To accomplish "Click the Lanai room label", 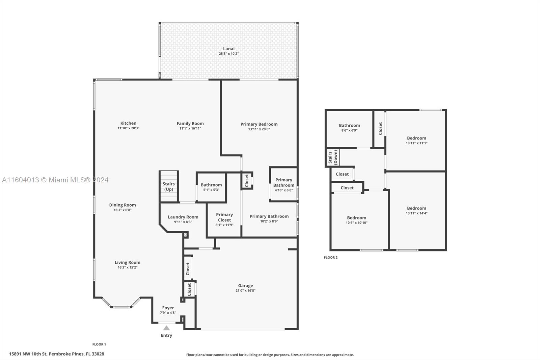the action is pyautogui.click(x=228, y=49).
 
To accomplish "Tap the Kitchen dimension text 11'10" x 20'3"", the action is pyautogui.click(x=128, y=128).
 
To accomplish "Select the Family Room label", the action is pyautogui.click(x=190, y=123).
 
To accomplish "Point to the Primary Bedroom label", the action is pyautogui.click(x=259, y=124).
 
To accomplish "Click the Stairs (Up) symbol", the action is pyautogui.click(x=169, y=186).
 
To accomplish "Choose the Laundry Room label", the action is pyautogui.click(x=183, y=217).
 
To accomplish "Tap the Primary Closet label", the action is pyautogui.click(x=224, y=217).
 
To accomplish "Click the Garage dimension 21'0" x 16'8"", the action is pyautogui.click(x=245, y=290).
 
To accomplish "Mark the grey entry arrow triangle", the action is pyautogui.click(x=166, y=328).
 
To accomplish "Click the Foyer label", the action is pyautogui.click(x=168, y=308).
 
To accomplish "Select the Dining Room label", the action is pyautogui.click(x=123, y=205).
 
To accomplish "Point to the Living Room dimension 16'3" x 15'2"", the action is pyautogui.click(x=128, y=267).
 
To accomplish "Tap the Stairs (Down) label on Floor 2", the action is pyautogui.click(x=333, y=157).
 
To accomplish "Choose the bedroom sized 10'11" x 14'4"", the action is pyautogui.click(x=416, y=210).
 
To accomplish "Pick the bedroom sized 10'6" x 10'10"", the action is pyautogui.click(x=356, y=220).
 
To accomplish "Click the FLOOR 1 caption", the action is pyautogui.click(x=99, y=344).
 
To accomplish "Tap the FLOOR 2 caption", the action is pyautogui.click(x=331, y=257).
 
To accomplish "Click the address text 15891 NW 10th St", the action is pyautogui.click(x=28, y=354).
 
